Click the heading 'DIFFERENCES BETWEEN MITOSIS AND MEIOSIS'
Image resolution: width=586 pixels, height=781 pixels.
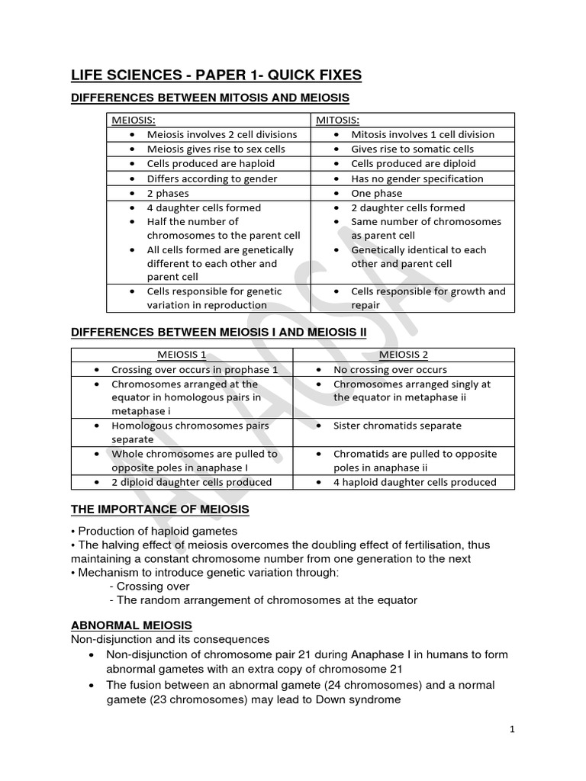click(x=210, y=98)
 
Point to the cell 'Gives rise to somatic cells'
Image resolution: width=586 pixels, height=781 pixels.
click(x=412, y=149)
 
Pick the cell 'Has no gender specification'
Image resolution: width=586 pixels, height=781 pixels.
click(x=417, y=178)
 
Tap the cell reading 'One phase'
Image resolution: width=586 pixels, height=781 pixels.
click(x=377, y=193)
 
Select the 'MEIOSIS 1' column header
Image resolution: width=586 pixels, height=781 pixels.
click(x=182, y=355)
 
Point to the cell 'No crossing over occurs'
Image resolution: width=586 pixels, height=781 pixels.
click(x=390, y=369)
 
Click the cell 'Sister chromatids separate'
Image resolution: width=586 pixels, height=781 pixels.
click(x=397, y=426)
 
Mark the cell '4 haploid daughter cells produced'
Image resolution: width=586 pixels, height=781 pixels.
click(x=414, y=482)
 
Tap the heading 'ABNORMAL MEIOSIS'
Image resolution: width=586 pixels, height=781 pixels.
click(x=131, y=625)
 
